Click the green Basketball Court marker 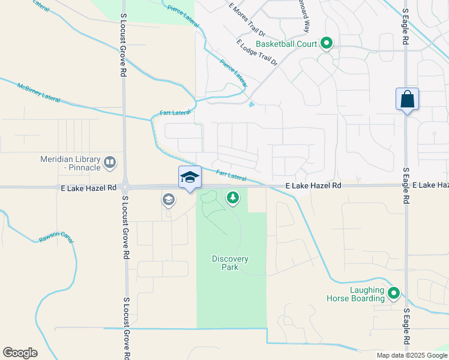327,43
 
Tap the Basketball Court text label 285,44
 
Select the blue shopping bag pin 407,100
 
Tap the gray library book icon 110,162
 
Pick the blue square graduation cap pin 190,177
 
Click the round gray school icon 169,200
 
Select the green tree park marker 233,197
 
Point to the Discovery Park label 230,263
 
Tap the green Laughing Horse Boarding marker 394,293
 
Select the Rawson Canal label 56,237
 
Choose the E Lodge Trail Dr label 257,53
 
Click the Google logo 20,353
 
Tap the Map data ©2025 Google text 411,355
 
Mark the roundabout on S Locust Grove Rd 125,187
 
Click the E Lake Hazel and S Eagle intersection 406,185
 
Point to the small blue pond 250,105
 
